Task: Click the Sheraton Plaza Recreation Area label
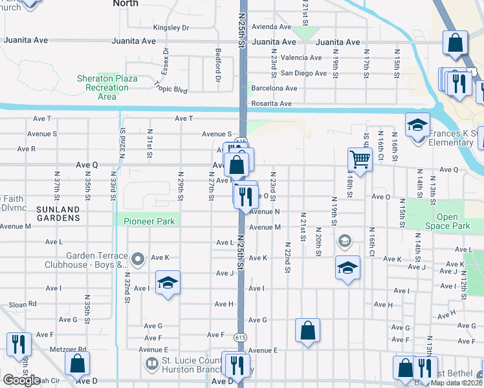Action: coord(107,87)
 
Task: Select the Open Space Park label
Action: coord(452,222)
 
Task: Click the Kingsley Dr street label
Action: coord(171,28)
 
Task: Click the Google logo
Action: coord(21,380)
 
